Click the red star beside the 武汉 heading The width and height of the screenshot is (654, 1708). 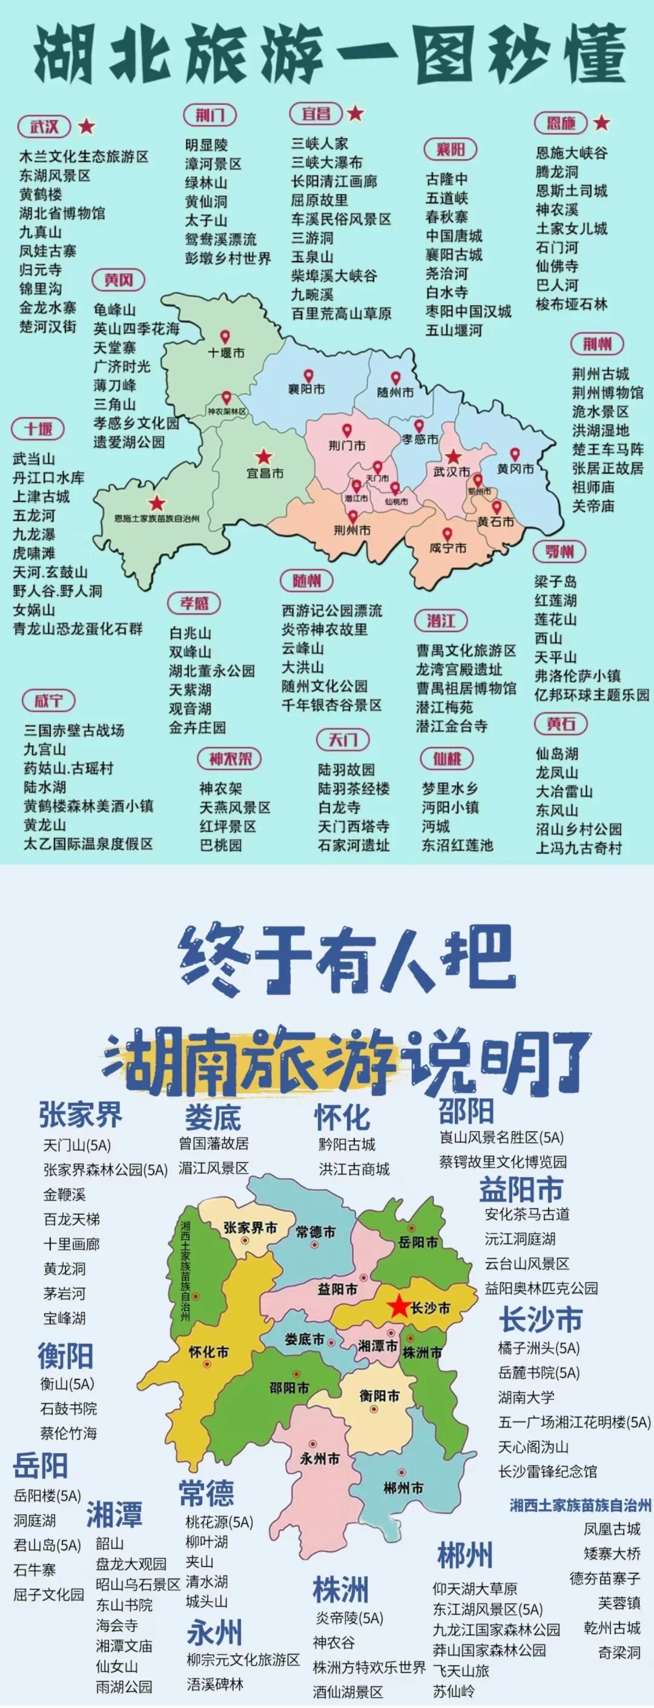86,126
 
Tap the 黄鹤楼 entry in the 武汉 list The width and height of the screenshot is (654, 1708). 41,194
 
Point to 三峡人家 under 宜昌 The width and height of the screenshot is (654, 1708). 320,143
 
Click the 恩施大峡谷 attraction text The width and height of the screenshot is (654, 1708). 571,153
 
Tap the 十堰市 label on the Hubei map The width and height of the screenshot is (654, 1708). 226,353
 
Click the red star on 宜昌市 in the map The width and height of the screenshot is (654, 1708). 264,456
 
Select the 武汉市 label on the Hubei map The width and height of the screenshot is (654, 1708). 451,472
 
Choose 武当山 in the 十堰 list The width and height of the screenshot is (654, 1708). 34,459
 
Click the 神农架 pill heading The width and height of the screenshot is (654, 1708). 230,759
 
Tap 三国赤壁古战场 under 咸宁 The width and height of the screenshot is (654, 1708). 74,730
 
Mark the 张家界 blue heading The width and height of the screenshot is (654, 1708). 81,1115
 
